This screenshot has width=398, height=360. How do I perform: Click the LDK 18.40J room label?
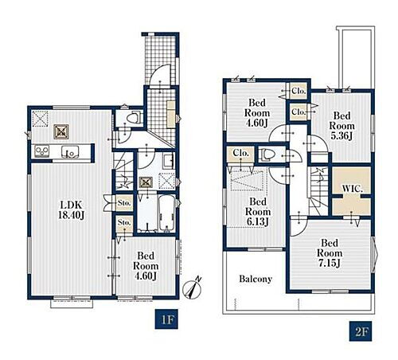(x=71, y=209)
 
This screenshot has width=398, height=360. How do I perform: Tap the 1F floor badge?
(x=166, y=319)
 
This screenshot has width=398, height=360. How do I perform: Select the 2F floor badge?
(x=361, y=331)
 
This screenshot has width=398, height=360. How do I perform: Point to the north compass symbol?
(x=193, y=288)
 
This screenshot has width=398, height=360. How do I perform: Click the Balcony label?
(x=256, y=279)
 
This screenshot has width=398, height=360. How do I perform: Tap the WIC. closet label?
(x=352, y=189)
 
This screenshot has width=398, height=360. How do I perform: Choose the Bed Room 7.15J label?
(x=330, y=253)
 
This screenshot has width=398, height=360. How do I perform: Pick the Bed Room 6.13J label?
(x=258, y=212)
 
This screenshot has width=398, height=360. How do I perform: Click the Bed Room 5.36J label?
(x=341, y=126)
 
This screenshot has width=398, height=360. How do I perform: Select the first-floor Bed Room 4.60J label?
(x=146, y=266)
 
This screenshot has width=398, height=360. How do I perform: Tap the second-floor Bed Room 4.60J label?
(x=257, y=113)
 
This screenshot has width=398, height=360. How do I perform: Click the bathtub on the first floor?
(x=166, y=214)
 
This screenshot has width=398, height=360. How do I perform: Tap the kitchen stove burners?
(x=42, y=151)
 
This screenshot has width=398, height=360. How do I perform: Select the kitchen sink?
(x=70, y=151)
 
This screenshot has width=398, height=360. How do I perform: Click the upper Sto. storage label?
(x=124, y=203)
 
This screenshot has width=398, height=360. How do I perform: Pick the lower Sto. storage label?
(x=124, y=222)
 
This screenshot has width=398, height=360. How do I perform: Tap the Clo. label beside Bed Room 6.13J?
(x=240, y=153)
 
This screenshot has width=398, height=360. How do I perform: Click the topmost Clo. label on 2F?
(x=298, y=91)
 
